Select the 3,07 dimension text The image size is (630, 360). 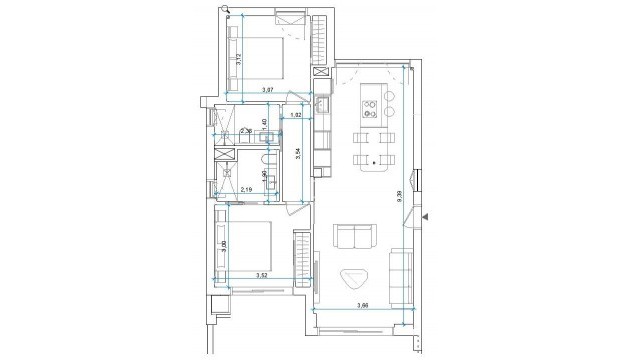pos(267,91)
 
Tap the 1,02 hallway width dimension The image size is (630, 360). pos(295,115)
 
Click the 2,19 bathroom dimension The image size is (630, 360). pos(246,188)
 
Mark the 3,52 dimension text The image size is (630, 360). pos(261,274)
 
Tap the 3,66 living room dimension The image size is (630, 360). pos(365,305)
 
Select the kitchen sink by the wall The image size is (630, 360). pos(323,104)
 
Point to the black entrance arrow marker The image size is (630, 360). pos(426,215)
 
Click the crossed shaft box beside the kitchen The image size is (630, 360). pos(321,74)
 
